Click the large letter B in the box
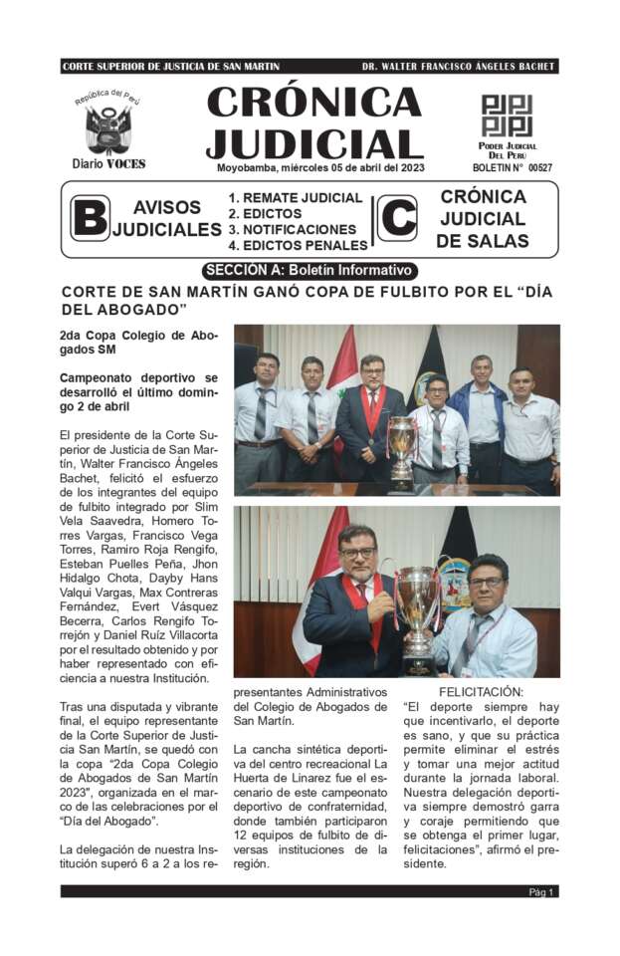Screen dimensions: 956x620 click(x=90, y=218)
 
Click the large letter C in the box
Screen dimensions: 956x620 click(x=398, y=218)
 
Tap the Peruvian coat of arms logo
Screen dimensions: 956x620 click(x=108, y=126)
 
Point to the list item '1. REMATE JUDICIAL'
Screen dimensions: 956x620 click(x=296, y=197)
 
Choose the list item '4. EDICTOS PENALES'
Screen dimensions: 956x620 click(x=298, y=245)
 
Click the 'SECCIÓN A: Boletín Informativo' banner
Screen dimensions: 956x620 click(x=310, y=270)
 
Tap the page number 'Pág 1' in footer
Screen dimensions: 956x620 click(x=542, y=892)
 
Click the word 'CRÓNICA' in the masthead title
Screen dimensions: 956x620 click(x=313, y=103)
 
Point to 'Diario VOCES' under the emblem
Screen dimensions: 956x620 click(x=108, y=164)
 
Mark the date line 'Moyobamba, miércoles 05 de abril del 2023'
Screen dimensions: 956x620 click(x=320, y=167)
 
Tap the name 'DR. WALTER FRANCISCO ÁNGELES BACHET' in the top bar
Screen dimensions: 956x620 click(x=458, y=67)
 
